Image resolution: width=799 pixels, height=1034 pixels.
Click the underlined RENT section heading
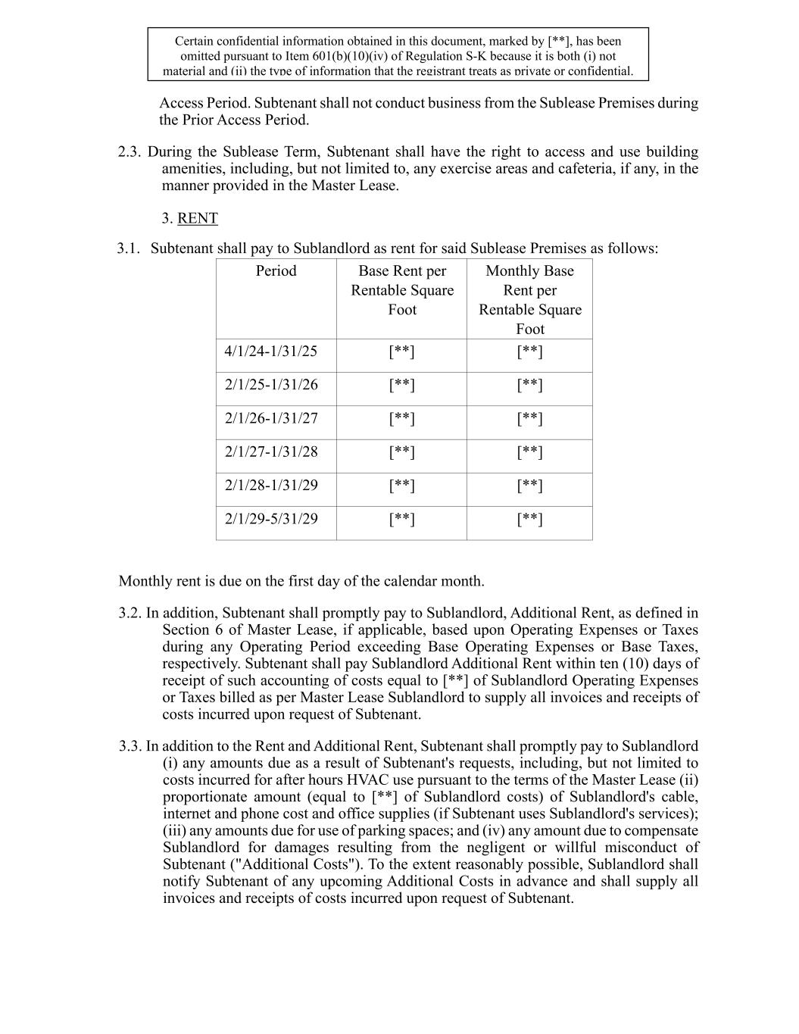197,218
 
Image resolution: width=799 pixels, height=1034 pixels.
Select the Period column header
276,270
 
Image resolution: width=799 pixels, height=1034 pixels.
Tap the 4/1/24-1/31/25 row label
271,351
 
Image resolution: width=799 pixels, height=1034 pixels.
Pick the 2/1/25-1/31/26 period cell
271,384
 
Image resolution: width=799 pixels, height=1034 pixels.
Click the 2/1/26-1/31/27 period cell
271,418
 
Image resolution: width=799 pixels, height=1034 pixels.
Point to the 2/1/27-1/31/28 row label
271,451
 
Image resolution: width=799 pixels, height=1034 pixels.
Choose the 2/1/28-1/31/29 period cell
271,485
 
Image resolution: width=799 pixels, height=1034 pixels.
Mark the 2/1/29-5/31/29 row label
271,518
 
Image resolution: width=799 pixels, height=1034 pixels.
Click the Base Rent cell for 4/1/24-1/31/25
402,351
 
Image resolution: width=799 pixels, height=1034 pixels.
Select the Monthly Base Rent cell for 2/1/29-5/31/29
530,519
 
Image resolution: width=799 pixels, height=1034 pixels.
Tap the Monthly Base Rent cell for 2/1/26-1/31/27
530,418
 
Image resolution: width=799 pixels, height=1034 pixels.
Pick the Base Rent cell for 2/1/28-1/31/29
402,486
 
